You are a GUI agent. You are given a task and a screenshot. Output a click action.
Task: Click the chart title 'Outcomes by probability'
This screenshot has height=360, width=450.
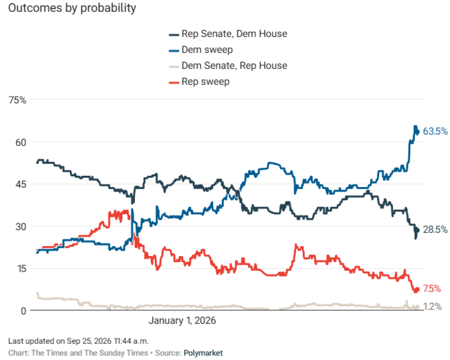point(72,8)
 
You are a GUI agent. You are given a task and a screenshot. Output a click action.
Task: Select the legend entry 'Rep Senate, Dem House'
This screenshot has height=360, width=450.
point(228,34)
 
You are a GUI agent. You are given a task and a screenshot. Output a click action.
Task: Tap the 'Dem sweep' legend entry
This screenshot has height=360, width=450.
point(200,50)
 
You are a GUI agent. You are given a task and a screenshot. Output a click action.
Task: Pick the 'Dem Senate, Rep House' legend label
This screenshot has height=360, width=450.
point(228,66)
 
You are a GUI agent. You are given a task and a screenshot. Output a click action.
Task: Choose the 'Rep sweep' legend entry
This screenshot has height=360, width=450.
point(199,82)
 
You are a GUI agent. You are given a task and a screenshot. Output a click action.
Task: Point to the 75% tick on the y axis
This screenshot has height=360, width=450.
point(17,100)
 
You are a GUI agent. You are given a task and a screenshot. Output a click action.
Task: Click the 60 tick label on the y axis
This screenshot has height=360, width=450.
point(20,142)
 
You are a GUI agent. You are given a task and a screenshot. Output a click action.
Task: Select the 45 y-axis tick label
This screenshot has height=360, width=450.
point(20,184)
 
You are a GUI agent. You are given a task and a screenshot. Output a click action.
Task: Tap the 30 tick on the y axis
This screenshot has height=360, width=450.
point(20,227)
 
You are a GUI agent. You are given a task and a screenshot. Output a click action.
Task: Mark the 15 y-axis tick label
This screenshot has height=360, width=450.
point(21,269)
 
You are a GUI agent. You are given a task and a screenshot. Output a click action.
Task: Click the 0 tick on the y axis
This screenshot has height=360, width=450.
point(24,311)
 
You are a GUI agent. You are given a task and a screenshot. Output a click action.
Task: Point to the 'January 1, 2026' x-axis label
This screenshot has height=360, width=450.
point(182,320)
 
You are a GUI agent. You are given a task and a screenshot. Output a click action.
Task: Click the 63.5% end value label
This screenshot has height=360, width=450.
point(435,132)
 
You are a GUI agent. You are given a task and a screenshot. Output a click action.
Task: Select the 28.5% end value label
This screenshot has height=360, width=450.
point(435,230)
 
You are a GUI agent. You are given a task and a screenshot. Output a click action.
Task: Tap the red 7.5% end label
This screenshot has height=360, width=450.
point(432,288)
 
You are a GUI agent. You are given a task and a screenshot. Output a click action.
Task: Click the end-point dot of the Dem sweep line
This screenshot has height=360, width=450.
point(417,132)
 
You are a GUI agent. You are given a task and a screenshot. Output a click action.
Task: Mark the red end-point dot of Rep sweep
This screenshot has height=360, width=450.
point(417,289)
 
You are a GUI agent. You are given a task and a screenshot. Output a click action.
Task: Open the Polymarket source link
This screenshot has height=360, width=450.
point(203,353)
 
